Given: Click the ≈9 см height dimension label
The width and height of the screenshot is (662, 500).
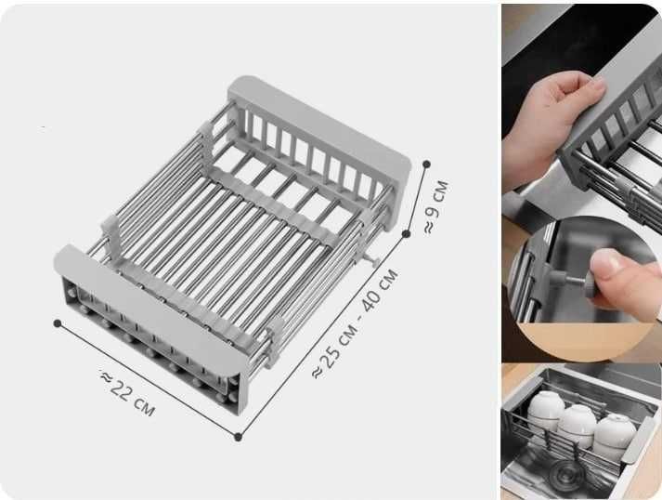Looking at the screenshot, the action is coord(436,207).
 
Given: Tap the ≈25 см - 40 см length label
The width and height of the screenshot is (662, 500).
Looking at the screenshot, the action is coord(356,323).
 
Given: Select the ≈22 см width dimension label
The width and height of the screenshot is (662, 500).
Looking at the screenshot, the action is coord(128,393).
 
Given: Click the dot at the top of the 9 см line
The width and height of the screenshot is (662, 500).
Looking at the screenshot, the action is coord(426,164).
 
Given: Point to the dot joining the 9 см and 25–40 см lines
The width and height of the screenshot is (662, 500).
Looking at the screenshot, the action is coord(407,233).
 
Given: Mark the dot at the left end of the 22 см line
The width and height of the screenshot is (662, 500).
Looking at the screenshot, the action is coord(58,323).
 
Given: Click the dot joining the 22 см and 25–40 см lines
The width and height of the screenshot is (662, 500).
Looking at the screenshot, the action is coord(238,437).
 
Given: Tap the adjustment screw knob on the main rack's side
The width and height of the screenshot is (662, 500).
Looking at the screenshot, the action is coord(374,260).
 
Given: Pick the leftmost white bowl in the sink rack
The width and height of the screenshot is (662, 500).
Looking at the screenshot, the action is coord(545,411).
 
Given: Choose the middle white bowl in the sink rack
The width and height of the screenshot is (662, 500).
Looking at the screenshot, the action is coord(577,426).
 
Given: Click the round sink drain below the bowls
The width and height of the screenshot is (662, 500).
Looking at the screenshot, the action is coord(567,474).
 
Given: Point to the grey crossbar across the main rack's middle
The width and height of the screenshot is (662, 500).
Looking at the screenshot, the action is coord(274,204).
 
